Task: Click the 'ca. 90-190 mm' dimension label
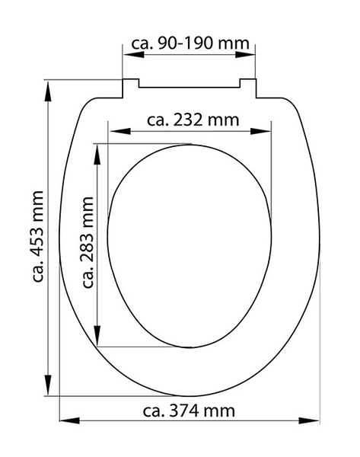[x=190, y=43]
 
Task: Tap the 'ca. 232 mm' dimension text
[x=193, y=120]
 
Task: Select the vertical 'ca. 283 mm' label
[x=88, y=242]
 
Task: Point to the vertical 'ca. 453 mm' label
[x=38, y=236]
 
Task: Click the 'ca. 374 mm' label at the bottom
[x=189, y=411]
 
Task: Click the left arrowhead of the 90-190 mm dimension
[x=133, y=55]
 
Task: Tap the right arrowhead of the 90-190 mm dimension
[x=245, y=55]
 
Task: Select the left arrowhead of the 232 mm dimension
[x=120, y=132]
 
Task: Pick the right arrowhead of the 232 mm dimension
[x=260, y=132]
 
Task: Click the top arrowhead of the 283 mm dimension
[x=97, y=155]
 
